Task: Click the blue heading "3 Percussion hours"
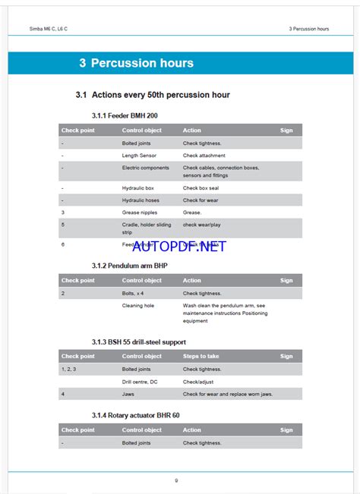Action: tap(136, 64)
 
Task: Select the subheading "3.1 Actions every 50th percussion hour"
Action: tap(153, 95)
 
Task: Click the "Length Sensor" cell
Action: tap(139, 155)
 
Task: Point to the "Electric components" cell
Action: tap(145, 167)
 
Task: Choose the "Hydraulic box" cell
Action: tap(138, 187)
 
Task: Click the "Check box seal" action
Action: tap(201, 187)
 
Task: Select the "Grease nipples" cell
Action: tap(140, 212)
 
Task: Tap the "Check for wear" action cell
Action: tap(201, 200)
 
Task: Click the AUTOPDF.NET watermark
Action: tap(179, 246)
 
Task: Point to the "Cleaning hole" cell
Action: tap(137, 305)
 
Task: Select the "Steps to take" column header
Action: tap(201, 356)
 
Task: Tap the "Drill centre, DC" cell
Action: tap(141, 382)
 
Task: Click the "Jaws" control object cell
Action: tap(129, 394)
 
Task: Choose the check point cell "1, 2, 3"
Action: tap(68, 369)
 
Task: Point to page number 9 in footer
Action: tap(176, 480)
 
